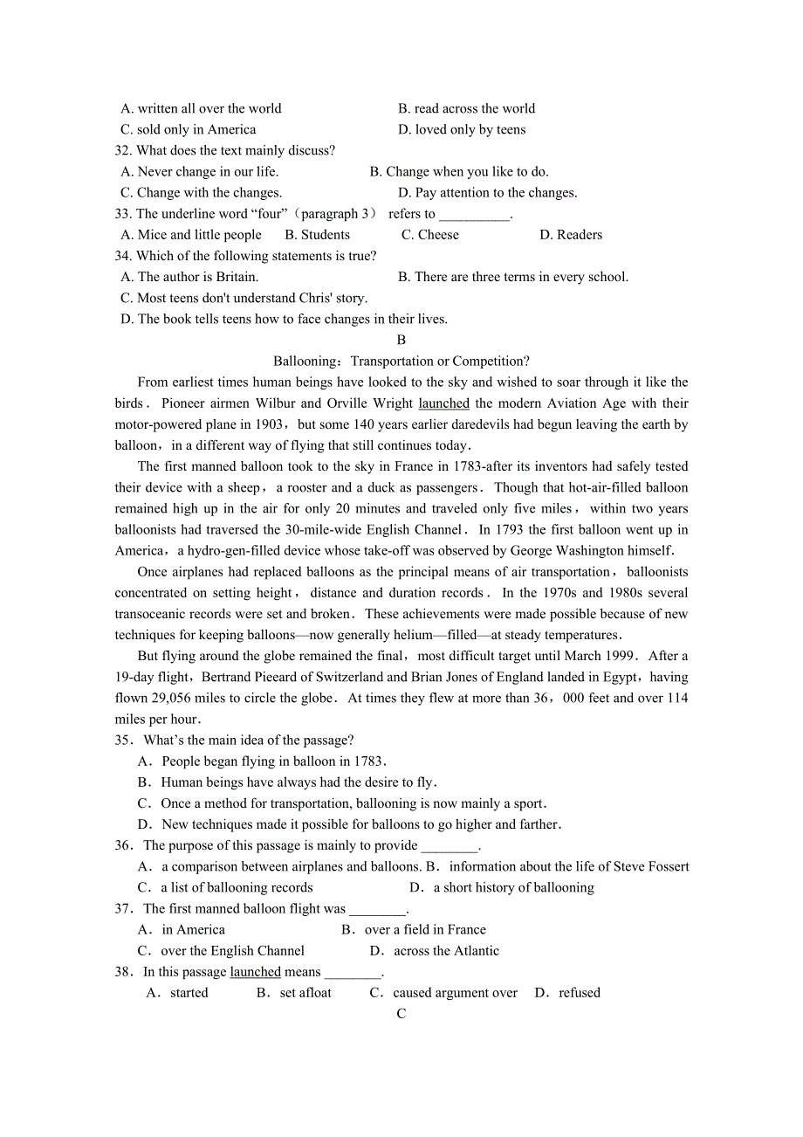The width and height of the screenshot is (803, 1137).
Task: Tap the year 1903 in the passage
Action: tap(267, 424)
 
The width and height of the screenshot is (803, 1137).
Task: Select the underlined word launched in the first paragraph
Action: tap(443, 403)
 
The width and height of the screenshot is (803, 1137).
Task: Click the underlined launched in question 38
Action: tap(255, 971)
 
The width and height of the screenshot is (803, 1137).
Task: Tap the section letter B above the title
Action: tap(401, 340)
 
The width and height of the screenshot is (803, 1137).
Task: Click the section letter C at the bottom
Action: tap(401, 1013)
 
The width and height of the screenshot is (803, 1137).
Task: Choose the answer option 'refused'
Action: tap(580, 992)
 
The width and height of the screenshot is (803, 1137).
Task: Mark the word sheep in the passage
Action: tap(244, 487)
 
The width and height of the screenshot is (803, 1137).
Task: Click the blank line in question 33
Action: tap(474, 215)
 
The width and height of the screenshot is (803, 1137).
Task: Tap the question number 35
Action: tap(123, 740)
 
